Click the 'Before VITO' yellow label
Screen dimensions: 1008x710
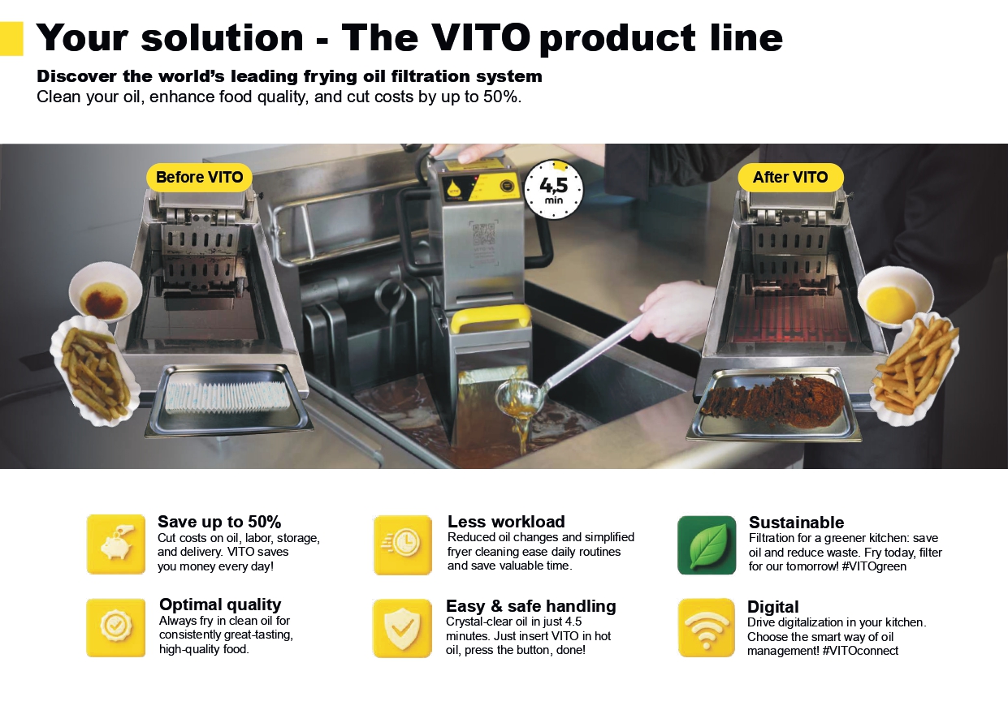pyautogui.click(x=199, y=177)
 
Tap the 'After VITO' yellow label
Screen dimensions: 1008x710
pyautogui.click(x=790, y=177)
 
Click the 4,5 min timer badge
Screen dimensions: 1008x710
pyautogui.click(x=553, y=189)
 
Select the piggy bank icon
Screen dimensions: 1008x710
pyautogui.click(x=116, y=544)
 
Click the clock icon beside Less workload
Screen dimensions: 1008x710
pyautogui.click(x=403, y=544)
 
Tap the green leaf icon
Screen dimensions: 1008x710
pyautogui.click(x=707, y=544)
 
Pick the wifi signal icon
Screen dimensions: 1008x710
pyautogui.click(x=707, y=628)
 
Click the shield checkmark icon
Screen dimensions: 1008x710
pyautogui.click(x=402, y=628)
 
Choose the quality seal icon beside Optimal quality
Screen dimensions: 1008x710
pyautogui.click(x=116, y=627)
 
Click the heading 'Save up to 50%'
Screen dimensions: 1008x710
pyautogui.click(x=219, y=522)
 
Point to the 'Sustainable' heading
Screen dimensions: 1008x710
pyautogui.click(x=796, y=522)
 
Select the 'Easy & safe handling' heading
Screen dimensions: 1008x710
pyautogui.click(x=530, y=605)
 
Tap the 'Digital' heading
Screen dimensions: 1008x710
pyautogui.click(x=772, y=607)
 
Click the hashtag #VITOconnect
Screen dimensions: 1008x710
pyautogui.click(x=860, y=651)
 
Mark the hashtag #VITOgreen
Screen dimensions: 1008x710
pyautogui.click(x=873, y=566)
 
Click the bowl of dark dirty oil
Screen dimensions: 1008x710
pyautogui.click(x=106, y=291)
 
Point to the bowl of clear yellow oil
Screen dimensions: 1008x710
pyautogui.click(x=895, y=296)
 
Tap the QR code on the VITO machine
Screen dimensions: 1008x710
pyautogui.click(x=484, y=235)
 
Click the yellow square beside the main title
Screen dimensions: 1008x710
pyautogui.click(x=11, y=39)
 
